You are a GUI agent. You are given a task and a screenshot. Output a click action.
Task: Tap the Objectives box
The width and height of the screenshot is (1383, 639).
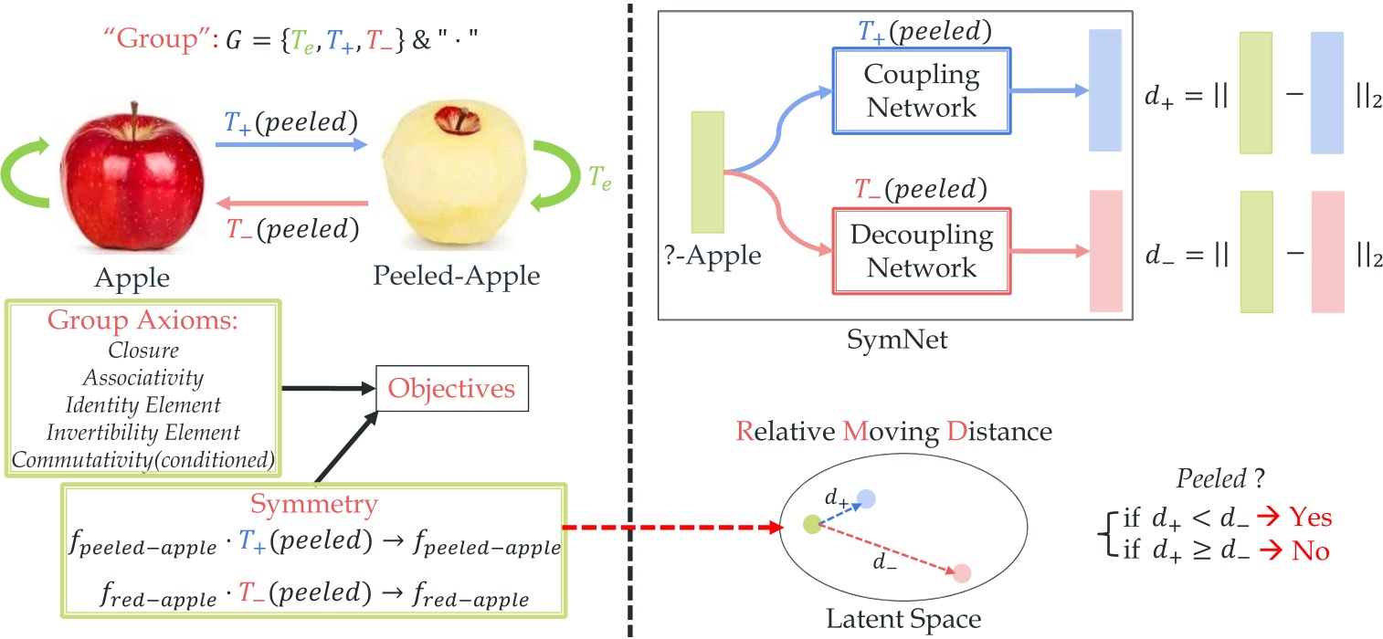tap(451, 389)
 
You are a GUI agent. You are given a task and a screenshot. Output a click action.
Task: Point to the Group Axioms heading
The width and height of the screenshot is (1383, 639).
tap(143, 325)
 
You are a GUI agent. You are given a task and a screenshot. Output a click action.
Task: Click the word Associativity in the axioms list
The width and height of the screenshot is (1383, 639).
tap(143, 376)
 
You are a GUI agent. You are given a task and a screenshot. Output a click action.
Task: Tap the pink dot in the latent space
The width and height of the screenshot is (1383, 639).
tap(961, 574)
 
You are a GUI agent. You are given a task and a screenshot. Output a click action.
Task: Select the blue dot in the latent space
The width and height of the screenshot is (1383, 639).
tap(866, 498)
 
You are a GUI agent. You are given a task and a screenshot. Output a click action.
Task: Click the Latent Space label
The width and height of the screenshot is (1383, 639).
tap(903, 619)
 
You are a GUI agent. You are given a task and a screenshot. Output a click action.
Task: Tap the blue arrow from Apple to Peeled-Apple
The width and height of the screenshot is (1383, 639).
tap(290, 144)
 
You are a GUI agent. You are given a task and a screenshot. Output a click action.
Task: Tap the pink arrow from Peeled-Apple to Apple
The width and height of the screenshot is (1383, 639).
tap(290, 204)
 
